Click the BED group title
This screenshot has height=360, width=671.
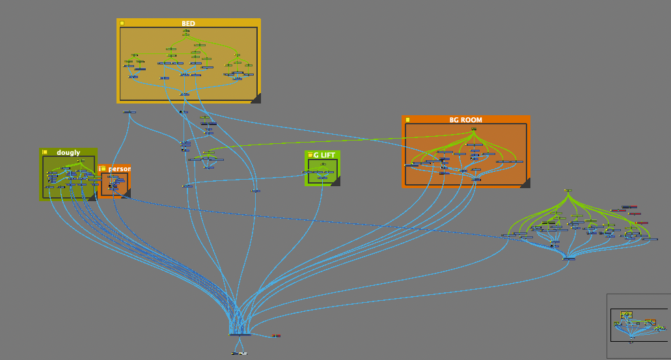pos(188,23)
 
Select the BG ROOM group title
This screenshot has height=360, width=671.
pos(466,120)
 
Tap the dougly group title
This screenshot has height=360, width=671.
pos(68,152)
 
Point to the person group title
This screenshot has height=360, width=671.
pos(119,169)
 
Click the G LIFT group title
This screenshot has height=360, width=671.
pos(325,155)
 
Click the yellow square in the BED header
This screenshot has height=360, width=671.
pos(122,23)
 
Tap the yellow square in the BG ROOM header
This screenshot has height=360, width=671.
pos(407,120)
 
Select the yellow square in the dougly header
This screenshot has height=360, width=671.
pos(45,152)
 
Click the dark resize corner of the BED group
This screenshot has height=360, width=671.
pos(256,98)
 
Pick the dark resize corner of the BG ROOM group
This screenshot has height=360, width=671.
pos(525,183)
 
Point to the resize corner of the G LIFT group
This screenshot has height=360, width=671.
pos(336,181)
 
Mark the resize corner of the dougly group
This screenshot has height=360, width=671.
pos(92,196)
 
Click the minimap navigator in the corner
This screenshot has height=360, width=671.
pos(638,325)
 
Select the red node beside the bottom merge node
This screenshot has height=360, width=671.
pos(276,335)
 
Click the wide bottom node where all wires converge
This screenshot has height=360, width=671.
pos(240,335)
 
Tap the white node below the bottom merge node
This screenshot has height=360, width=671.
pos(239,353)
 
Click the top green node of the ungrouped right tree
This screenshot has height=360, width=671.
pos(568,191)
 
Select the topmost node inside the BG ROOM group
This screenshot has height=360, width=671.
pos(473,129)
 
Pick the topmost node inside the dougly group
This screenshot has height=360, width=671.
pos(81,160)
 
